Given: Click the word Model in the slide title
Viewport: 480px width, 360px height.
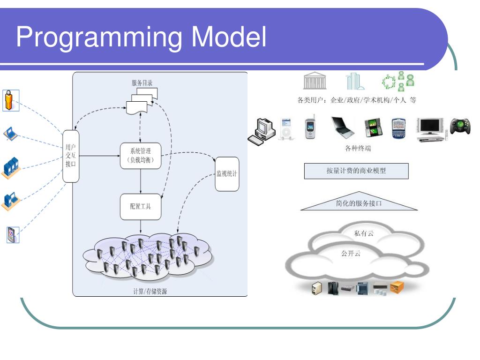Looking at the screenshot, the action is pyautogui.click(x=229, y=37).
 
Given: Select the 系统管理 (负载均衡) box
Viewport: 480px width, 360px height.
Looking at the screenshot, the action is pyautogui.click(x=141, y=156).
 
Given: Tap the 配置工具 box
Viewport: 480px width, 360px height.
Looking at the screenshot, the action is pyautogui.click(x=141, y=207).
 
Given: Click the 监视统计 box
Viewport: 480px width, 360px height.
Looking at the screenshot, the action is pyautogui.click(x=227, y=174).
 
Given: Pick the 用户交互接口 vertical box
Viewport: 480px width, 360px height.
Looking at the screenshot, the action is pyautogui.click(x=71, y=156).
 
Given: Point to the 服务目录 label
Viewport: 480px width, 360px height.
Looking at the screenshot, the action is pyautogui.click(x=142, y=83).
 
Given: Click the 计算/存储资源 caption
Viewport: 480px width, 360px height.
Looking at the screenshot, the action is pyautogui.click(x=150, y=291).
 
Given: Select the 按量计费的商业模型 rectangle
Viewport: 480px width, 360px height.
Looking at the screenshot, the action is pyautogui.click(x=356, y=171).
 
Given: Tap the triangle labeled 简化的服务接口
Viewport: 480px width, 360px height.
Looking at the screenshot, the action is pyautogui.click(x=359, y=203).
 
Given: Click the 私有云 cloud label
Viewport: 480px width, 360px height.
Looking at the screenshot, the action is pyautogui.click(x=364, y=233).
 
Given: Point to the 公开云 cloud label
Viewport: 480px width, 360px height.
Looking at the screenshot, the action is pyautogui.click(x=351, y=254).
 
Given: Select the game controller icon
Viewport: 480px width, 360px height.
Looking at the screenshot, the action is pyautogui.click(x=460, y=126).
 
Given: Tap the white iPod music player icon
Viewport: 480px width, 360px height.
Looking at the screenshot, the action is pyautogui.click(x=286, y=129).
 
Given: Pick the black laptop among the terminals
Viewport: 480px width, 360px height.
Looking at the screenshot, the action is pyautogui.click(x=342, y=127).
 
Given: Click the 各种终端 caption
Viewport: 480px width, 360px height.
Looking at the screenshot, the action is pyautogui.click(x=358, y=149).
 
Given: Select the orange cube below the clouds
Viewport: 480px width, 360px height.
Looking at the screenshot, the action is pyautogui.click(x=397, y=287).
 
